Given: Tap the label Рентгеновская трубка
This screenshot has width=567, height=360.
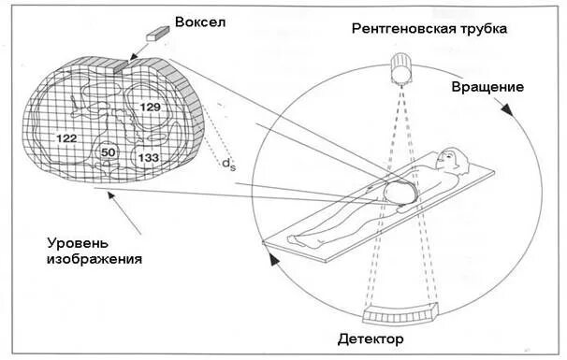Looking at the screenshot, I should point(429,29).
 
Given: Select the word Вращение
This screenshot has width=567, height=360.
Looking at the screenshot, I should point(487,87).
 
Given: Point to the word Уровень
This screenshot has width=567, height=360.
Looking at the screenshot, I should point(80,241).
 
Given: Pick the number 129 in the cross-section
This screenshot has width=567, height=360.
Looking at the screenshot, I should point(150,108).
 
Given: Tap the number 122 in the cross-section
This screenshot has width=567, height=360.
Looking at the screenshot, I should point(65,138).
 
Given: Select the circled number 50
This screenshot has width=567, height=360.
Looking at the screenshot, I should point(109,152).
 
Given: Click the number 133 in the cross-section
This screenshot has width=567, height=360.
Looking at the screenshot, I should point(148,158).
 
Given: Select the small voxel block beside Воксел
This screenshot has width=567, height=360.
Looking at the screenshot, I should point(154,34).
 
